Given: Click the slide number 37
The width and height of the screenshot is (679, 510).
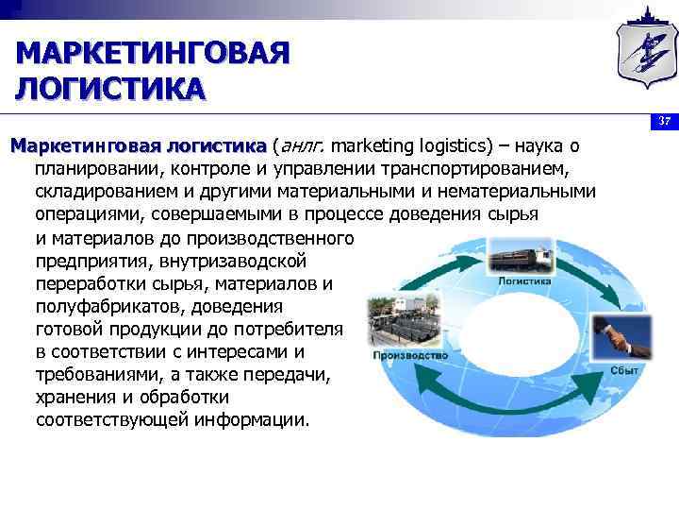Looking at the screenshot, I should [664, 122].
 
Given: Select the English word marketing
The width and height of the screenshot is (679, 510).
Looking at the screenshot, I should [370, 147].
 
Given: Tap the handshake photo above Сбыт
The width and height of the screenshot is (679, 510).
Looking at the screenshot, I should [622, 339].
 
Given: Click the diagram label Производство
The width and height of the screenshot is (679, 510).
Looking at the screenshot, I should [410, 356].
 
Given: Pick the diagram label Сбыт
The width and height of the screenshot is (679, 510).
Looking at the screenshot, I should [624, 371].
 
